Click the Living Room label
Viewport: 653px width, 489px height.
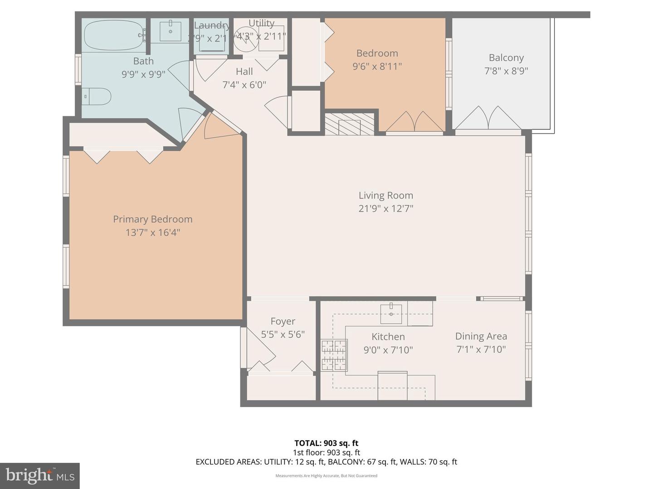[385, 195]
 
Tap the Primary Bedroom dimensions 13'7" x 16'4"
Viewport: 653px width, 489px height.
[153, 232]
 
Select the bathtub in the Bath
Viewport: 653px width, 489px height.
[113, 35]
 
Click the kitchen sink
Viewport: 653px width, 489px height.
[391, 313]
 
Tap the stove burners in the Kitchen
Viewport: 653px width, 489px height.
[334, 355]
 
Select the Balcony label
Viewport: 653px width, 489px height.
[506, 58]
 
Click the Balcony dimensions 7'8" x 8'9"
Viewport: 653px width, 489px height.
[506, 71]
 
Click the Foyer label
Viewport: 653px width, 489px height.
[283, 321]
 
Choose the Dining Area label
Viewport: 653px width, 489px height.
[481, 336]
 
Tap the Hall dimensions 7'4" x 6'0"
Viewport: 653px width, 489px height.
[244, 85]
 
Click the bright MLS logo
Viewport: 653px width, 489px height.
[40, 475]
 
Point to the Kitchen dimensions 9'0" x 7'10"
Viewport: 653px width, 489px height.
[388, 350]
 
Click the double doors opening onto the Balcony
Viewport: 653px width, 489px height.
[487, 119]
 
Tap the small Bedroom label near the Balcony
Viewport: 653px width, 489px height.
[377, 53]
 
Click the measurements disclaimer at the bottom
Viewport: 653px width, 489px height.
[326, 475]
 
